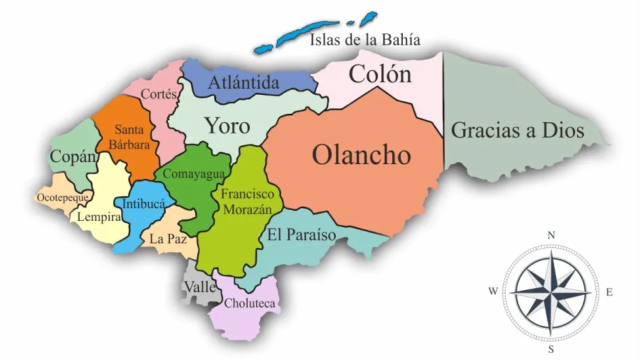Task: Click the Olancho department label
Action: (361, 155)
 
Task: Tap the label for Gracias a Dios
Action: (517, 130)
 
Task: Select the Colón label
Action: (380, 74)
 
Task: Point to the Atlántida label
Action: (243, 82)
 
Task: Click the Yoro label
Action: (227, 126)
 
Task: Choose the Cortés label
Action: (159, 93)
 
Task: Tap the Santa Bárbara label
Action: (129, 137)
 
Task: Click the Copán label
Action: (73, 156)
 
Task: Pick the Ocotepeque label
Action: (62, 197)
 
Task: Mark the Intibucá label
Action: (143, 204)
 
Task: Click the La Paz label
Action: (168, 239)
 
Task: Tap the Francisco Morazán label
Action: (248, 201)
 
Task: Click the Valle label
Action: (200, 287)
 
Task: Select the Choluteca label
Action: (249, 303)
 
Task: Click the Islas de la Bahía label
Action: (365, 39)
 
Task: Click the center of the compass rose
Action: (551, 292)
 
